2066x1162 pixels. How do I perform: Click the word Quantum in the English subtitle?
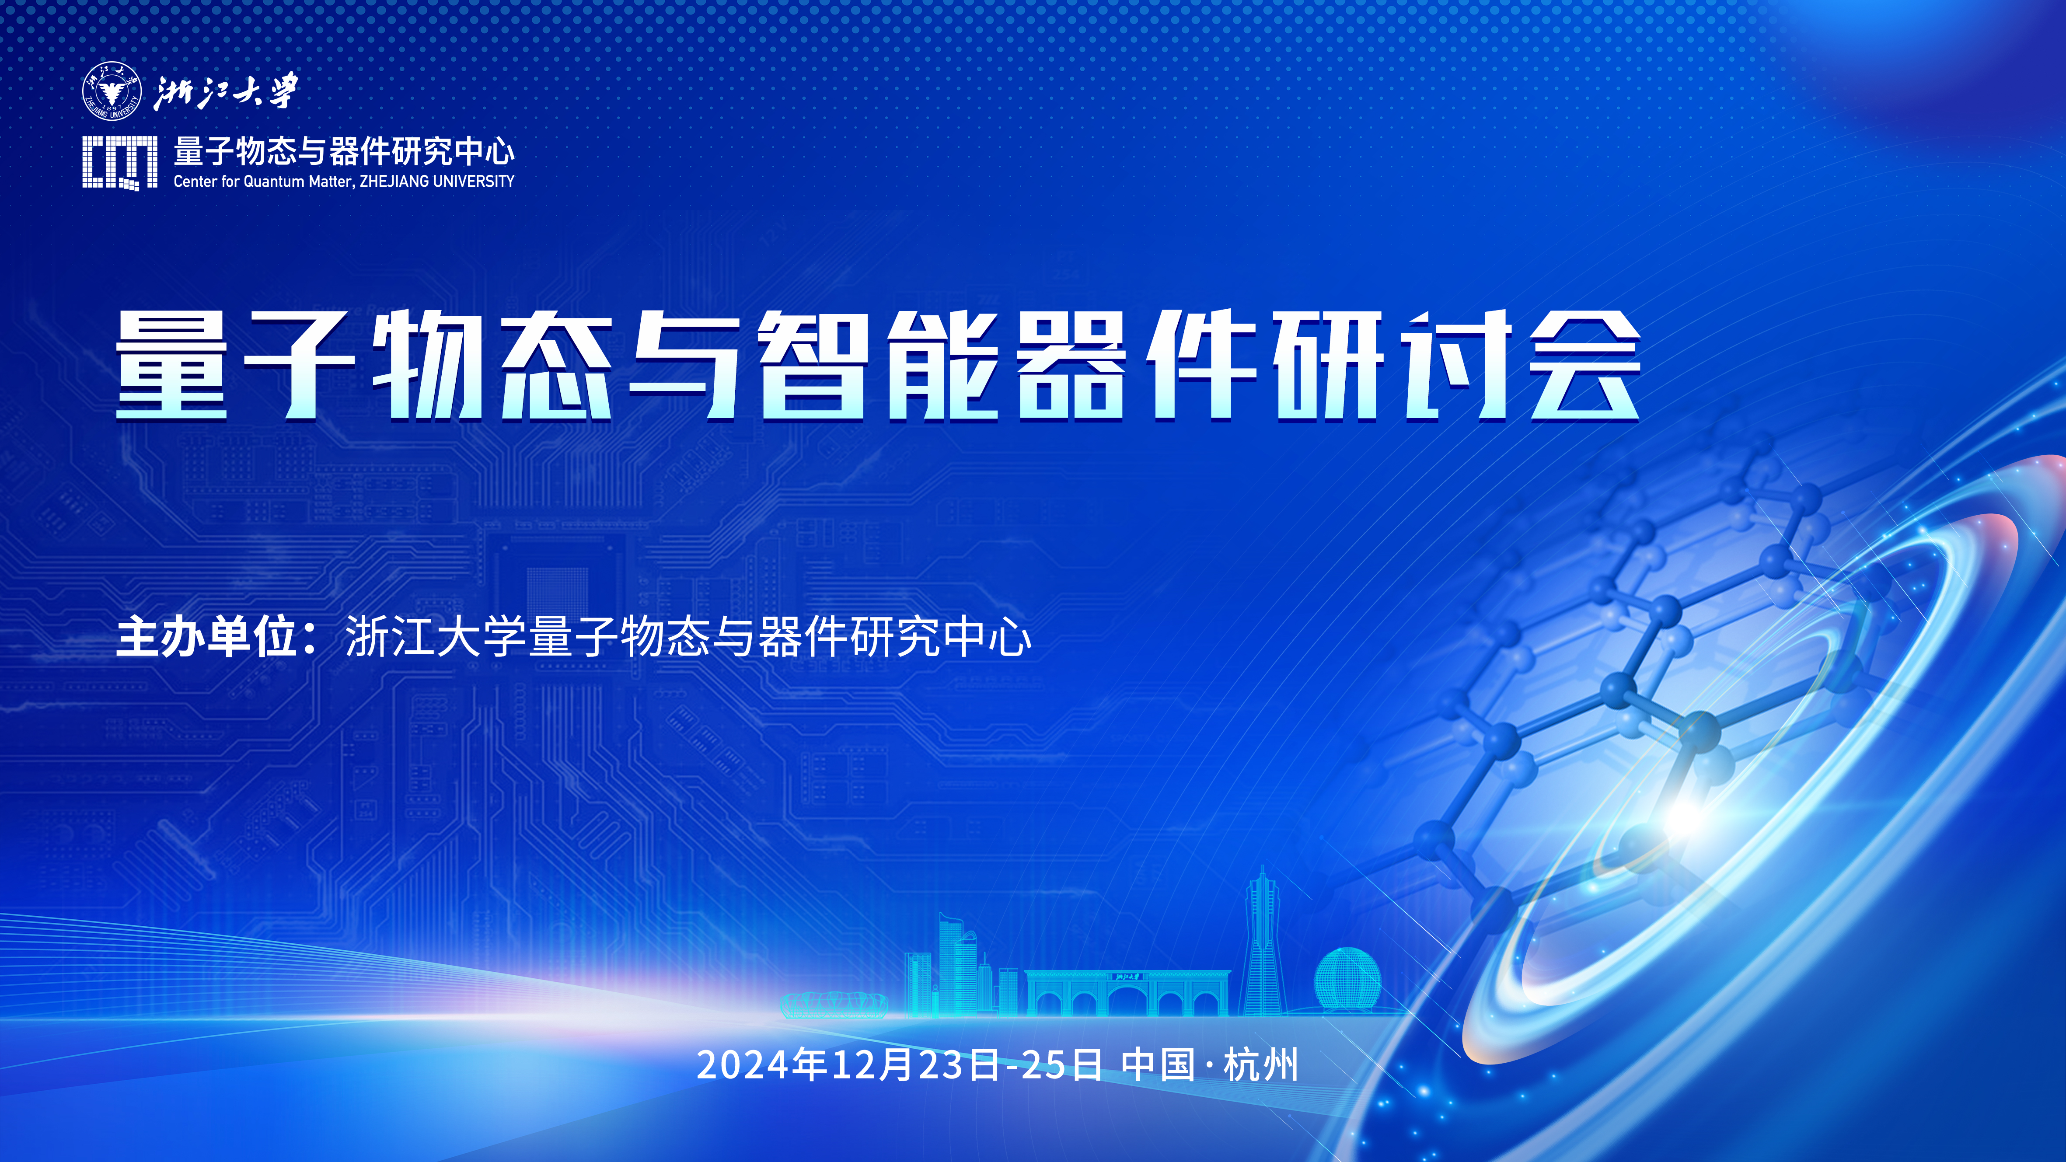273,181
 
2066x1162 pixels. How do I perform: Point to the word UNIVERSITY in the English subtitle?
473,181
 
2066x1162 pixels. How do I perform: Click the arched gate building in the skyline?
1127,993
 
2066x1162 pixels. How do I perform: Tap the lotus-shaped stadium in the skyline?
834,1005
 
